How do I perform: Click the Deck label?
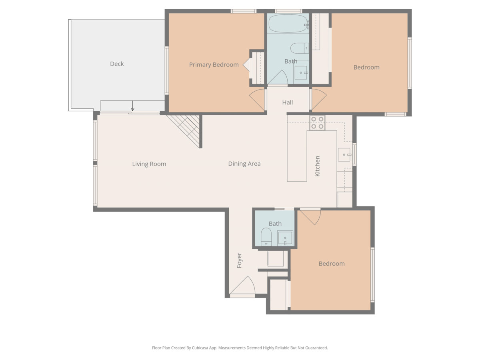click(x=117, y=64)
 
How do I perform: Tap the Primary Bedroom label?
click(x=214, y=65)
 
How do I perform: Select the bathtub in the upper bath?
click(x=288, y=24)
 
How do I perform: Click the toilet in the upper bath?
click(x=299, y=48)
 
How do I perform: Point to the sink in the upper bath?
click(x=301, y=72)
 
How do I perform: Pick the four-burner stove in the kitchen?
click(x=317, y=123)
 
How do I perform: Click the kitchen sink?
click(x=344, y=154)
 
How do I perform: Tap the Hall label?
click(x=287, y=102)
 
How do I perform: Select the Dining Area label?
click(x=244, y=164)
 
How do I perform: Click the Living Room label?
click(x=149, y=164)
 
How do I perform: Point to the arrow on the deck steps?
click(x=132, y=106)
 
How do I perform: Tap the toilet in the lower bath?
click(x=266, y=237)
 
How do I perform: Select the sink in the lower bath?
click(x=285, y=238)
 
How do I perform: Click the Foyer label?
click(x=239, y=260)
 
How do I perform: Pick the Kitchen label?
click(x=317, y=166)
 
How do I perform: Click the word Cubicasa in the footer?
click(x=200, y=348)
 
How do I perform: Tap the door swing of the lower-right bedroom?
click(x=310, y=218)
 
